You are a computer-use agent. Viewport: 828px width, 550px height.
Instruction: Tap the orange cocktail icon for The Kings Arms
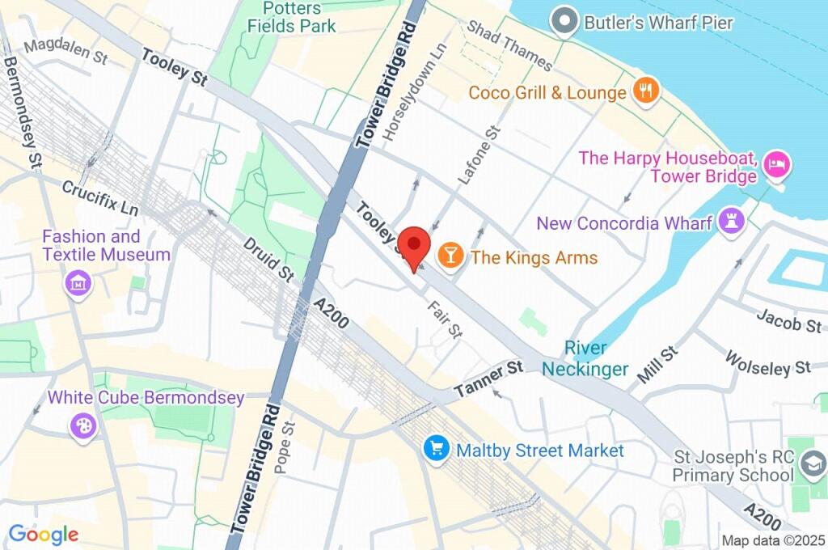point(450,257)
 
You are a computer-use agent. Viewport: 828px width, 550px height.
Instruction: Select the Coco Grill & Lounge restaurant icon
point(644,91)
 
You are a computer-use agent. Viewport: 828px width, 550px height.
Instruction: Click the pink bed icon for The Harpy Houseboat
point(777,167)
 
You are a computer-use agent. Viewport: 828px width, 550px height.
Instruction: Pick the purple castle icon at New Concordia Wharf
point(732,222)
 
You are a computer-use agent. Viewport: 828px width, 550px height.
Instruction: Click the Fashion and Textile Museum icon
point(78,284)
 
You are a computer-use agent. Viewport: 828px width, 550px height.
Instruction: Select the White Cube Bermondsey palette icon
point(82,425)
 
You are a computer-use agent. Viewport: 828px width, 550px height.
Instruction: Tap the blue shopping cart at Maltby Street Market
point(437,450)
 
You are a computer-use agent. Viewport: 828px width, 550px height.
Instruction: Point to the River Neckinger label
point(585,358)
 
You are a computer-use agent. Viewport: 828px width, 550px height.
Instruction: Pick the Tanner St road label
point(488,379)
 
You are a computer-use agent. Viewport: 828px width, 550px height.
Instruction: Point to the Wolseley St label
point(767,362)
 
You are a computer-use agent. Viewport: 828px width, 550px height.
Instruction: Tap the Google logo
point(44,534)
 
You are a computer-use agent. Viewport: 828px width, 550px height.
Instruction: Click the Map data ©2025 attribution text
point(773,540)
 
